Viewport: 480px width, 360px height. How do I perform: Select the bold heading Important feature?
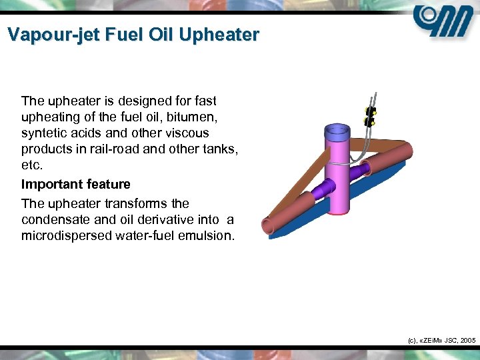coord(75,184)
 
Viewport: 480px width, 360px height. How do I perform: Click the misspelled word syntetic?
coord(43,133)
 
